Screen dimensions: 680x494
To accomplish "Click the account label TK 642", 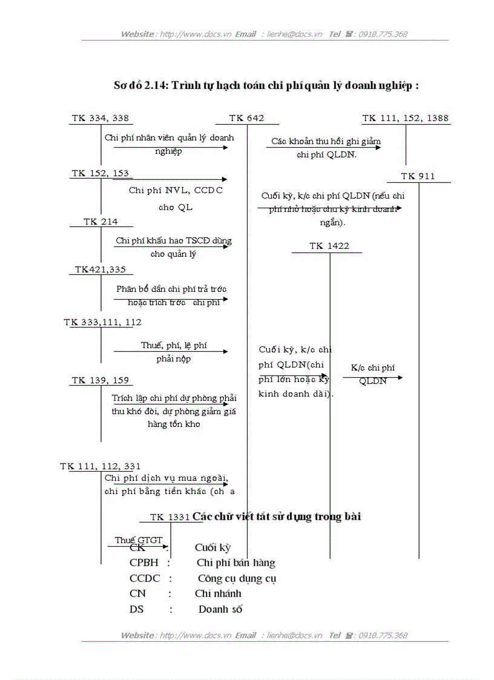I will (x=246, y=119).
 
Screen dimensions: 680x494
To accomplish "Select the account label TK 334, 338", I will (x=100, y=119).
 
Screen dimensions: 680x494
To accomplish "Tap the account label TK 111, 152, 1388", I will (x=406, y=119).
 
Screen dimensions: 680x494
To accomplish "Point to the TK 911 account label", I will (x=418, y=177).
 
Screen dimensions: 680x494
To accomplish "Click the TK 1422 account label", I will (x=329, y=246).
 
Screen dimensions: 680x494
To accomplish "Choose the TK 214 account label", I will (x=101, y=222).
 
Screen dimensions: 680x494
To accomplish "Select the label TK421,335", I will (x=100, y=269).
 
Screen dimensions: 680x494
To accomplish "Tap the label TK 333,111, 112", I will (x=102, y=323).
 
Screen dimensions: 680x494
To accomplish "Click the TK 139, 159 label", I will (x=100, y=381).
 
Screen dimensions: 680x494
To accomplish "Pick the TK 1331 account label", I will (x=170, y=517).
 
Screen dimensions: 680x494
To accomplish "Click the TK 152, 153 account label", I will (x=100, y=174).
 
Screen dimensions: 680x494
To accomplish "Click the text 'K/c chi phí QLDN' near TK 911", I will (x=372, y=374).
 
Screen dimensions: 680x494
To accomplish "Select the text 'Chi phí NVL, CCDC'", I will (x=176, y=191).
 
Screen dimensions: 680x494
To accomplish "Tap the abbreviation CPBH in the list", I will (x=144, y=563).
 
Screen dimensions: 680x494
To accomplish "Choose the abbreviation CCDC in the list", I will (x=145, y=578).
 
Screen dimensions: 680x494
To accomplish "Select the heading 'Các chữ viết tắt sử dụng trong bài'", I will (x=277, y=517).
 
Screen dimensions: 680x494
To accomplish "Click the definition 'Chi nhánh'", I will (x=218, y=594).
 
